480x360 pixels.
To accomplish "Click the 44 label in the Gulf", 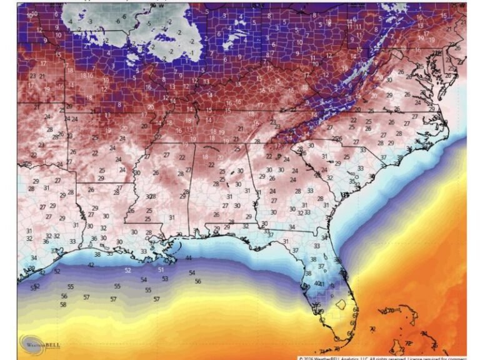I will [188, 257].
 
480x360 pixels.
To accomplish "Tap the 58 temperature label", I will [63, 304].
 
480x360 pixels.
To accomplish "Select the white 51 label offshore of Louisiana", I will [161, 269].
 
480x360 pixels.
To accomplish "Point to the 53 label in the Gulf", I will [165, 279].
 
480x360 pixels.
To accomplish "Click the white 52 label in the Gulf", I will [127, 270].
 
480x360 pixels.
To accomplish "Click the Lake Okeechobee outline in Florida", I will [341, 304].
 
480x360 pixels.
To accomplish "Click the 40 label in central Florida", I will [317, 283].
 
